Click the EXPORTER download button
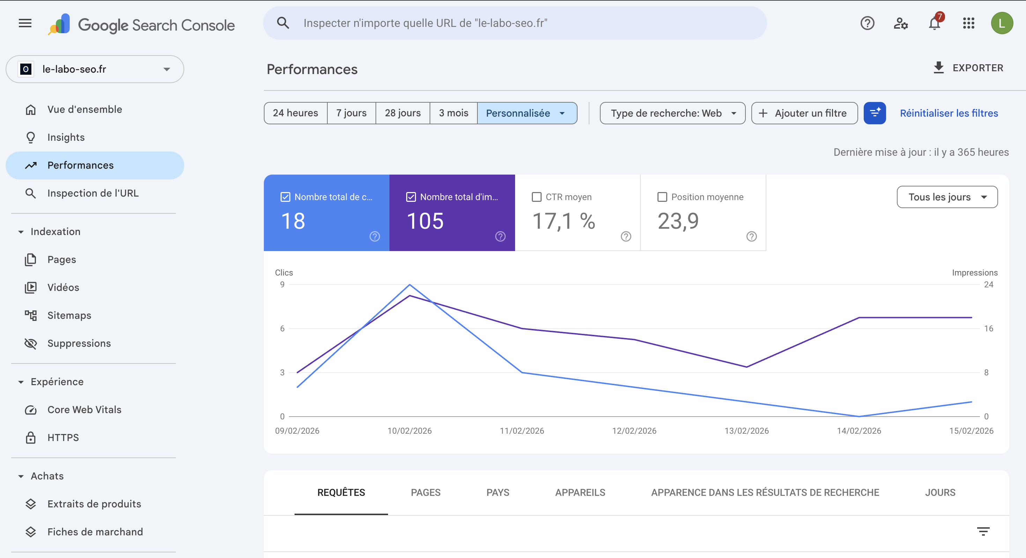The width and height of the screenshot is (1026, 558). [968, 68]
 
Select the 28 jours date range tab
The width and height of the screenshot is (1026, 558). [402, 113]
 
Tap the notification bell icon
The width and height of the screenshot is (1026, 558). [934, 23]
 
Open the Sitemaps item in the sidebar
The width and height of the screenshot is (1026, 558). [69, 315]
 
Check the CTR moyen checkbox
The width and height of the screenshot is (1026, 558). [536, 197]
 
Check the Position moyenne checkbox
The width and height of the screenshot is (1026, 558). [662, 197]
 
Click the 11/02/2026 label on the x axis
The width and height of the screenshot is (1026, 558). [522, 431]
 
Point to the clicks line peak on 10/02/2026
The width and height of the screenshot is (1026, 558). [409, 285]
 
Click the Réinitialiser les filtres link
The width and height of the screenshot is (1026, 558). [949, 113]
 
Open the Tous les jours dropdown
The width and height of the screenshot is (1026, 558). [947, 197]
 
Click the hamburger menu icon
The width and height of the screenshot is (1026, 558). [25, 23]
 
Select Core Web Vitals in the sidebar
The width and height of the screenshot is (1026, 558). [84, 410]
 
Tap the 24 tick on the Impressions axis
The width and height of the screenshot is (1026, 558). [988, 285]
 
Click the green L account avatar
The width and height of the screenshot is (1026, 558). [1002, 23]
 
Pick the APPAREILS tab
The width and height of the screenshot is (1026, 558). [580, 493]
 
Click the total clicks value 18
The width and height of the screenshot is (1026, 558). [293, 221]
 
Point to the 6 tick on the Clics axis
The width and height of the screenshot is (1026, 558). [282, 329]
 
